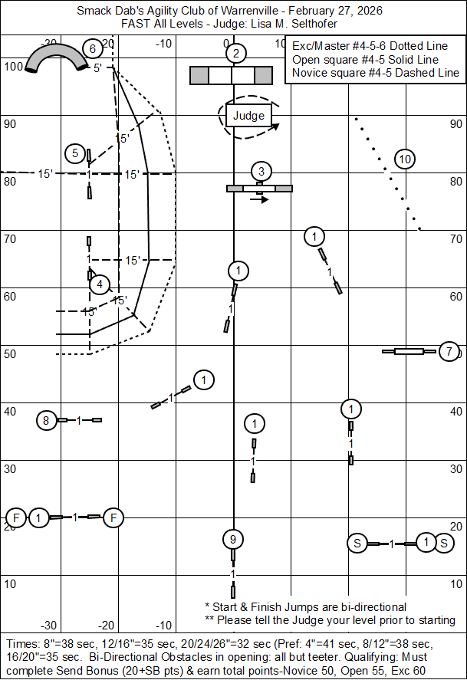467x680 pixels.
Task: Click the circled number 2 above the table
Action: click(236, 54)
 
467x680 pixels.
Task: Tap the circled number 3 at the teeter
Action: click(261, 172)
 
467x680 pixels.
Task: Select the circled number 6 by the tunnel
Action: click(92, 48)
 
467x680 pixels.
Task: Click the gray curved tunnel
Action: click(57, 57)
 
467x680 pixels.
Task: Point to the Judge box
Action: click(249, 115)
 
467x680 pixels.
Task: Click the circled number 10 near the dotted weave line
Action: click(405, 159)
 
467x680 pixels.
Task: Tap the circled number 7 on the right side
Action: click(449, 351)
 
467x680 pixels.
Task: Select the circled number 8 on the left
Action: click(47, 420)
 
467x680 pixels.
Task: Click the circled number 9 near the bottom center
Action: click(233, 540)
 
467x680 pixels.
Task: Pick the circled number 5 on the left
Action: click(75, 153)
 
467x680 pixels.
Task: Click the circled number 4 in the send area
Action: click(100, 284)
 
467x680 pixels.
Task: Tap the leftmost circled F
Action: click(16, 517)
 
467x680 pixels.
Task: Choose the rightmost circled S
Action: click(443, 543)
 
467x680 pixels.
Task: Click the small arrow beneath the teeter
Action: click(259, 199)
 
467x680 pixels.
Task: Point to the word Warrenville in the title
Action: click(249, 11)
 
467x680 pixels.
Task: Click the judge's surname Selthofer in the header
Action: click(314, 24)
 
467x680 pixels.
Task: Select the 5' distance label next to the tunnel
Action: click(97, 68)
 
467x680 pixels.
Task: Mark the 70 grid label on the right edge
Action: click(455, 239)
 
